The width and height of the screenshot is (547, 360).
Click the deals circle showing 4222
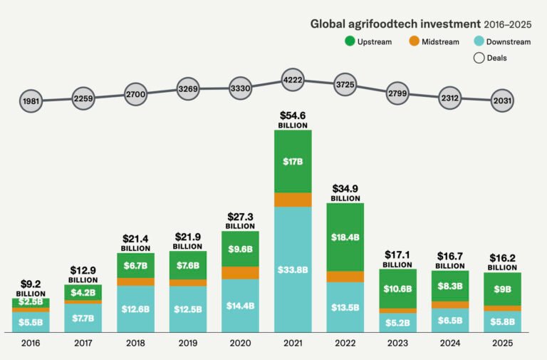click(293, 79)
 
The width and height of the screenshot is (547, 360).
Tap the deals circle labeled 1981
click(31, 101)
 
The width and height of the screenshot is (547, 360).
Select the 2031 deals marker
click(502, 101)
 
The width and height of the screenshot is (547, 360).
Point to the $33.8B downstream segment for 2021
click(293, 269)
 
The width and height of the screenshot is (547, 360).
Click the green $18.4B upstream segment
click(345, 237)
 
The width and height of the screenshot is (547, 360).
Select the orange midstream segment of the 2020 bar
click(241, 272)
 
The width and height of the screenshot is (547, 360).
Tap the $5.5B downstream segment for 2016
click(31, 322)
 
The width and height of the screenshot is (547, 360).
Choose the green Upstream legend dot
click(350, 41)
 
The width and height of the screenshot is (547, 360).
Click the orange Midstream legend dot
click(414, 41)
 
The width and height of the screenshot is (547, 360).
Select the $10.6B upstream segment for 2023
click(397, 288)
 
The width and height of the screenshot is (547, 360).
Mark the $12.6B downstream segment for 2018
click(135, 309)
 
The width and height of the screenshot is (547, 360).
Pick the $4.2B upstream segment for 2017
click(83, 292)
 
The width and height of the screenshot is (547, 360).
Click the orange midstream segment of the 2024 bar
click(450, 304)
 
